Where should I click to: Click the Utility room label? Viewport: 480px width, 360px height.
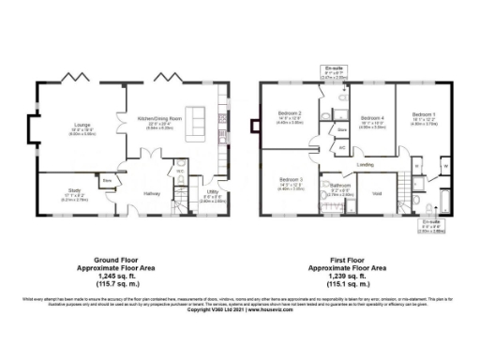(x=213, y=195)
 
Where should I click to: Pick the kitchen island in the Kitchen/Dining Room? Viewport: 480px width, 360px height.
(x=198, y=119)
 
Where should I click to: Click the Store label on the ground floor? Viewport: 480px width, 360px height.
(x=108, y=180)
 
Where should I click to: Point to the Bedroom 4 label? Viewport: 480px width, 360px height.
(x=373, y=117)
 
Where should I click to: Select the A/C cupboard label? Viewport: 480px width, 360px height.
(x=342, y=147)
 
